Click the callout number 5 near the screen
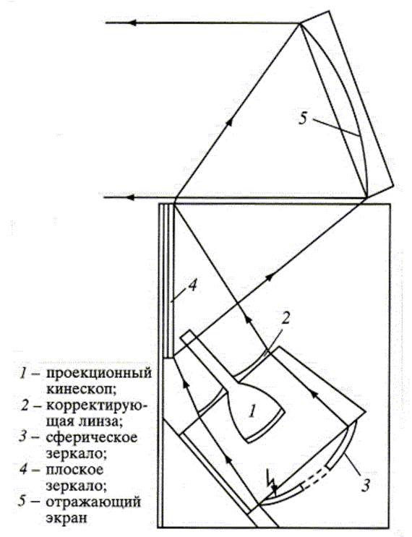(303, 118)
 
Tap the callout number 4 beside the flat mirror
(193, 285)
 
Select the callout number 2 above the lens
(286, 318)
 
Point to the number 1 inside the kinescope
(252, 411)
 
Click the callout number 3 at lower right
(366, 485)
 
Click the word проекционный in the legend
(98, 373)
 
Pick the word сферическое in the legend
(92, 437)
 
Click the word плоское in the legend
(74, 469)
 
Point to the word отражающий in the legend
(93, 502)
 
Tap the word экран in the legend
(66, 517)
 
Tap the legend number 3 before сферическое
(23, 437)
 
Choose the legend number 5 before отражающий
(23, 502)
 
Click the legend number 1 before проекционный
(23, 373)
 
